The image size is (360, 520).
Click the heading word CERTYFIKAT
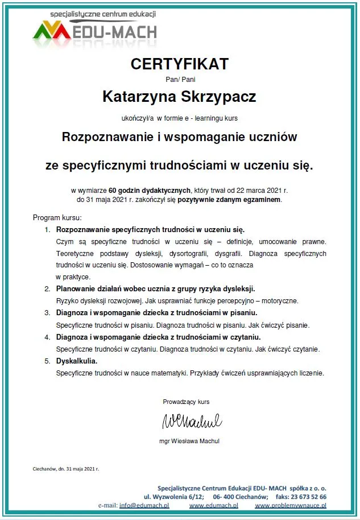(179, 64)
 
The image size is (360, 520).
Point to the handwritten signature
(192, 422)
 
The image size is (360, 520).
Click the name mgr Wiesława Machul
(189, 441)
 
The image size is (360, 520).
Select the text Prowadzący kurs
(186, 402)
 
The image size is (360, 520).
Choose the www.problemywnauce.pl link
(290, 505)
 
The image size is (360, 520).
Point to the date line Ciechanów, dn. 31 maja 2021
(66, 469)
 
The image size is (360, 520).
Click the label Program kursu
(57, 218)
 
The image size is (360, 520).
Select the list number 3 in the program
(47, 312)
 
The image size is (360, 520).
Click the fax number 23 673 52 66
(307, 497)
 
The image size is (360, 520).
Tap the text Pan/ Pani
(179, 80)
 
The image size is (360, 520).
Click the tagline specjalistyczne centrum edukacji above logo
(102, 13)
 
